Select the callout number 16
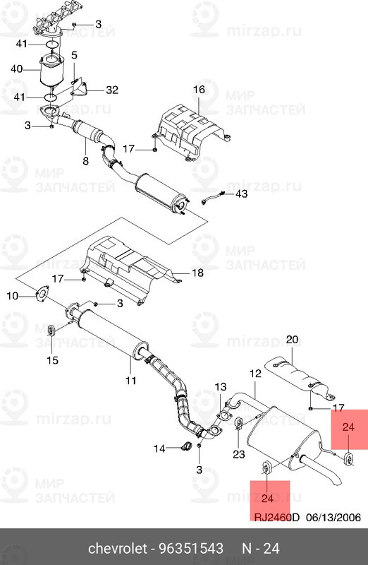tap(198, 89)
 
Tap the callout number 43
tap(241, 194)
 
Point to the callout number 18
tap(198, 273)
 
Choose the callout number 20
tap(293, 338)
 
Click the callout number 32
tap(113, 90)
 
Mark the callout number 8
tap(85, 161)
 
